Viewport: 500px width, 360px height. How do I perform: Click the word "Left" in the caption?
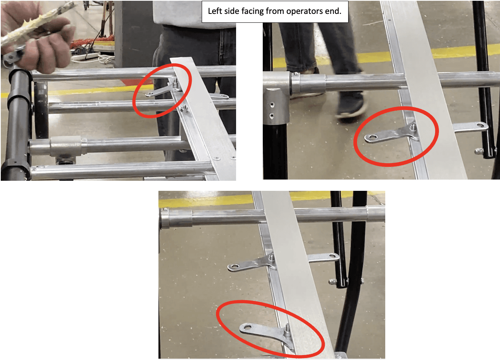point(215,11)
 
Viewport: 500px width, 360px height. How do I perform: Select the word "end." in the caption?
point(333,11)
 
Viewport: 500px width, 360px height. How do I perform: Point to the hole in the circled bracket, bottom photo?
point(247,327)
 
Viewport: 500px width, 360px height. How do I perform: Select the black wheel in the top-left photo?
point(41,109)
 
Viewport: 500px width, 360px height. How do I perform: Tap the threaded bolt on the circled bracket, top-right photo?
point(413,127)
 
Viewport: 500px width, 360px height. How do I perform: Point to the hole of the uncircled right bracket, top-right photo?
point(480,125)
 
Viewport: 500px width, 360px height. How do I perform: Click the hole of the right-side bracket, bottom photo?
point(332,256)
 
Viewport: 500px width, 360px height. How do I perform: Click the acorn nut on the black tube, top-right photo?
point(478,151)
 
